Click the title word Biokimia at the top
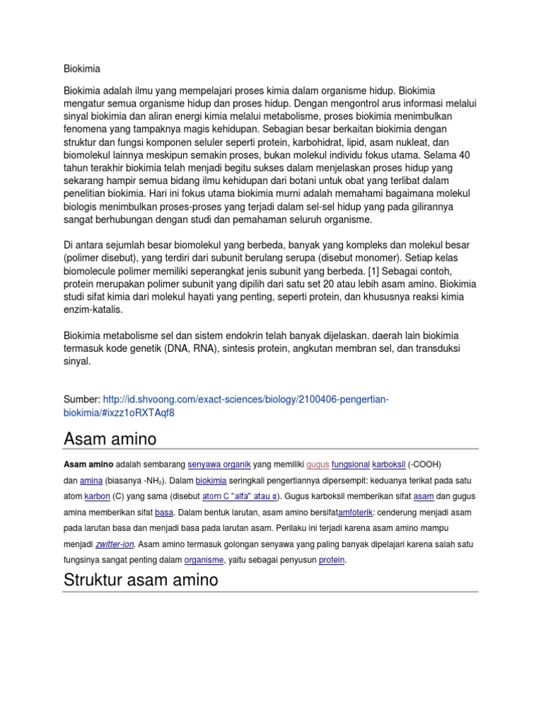coord(82,69)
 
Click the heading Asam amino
coord(110,439)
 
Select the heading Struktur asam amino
coord(141,580)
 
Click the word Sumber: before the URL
coord(82,400)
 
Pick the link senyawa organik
coord(219,465)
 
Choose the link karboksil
coord(389,465)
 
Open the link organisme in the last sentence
coord(204,560)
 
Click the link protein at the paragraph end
coord(332,560)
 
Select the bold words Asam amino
coord(89,465)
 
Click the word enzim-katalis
coord(93,310)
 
